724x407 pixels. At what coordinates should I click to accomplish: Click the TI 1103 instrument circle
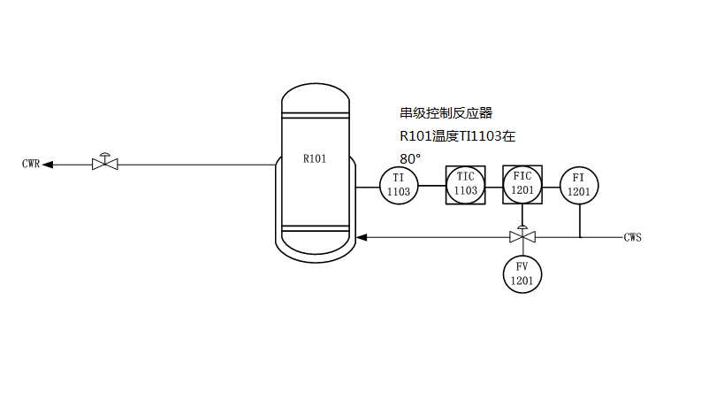[x=399, y=185]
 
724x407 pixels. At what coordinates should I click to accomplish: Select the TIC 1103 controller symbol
[x=465, y=185]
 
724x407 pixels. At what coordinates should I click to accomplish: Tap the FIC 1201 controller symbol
[x=522, y=183]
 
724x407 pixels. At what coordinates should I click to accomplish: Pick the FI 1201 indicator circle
[x=579, y=185]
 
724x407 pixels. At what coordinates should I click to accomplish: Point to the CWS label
[x=632, y=237]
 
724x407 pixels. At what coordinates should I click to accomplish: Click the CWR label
[x=31, y=164]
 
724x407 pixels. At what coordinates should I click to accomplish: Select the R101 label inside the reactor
[x=315, y=159]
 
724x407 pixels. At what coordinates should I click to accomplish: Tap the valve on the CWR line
[x=105, y=163]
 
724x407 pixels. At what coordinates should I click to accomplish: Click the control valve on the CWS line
[x=522, y=236]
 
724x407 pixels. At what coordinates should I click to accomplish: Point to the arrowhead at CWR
[x=49, y=164]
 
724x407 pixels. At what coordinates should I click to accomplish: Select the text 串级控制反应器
[x=446, y=113]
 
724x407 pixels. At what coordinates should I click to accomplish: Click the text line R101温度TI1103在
[x=457, y=136]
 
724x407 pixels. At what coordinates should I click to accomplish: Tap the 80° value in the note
[x=410, y=158]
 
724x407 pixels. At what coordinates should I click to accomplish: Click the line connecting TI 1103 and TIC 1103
[x=431, y=185]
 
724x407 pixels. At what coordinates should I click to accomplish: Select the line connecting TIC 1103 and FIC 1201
[x=494, y=185]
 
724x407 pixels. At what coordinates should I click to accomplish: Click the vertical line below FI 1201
[x=580, y=220]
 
